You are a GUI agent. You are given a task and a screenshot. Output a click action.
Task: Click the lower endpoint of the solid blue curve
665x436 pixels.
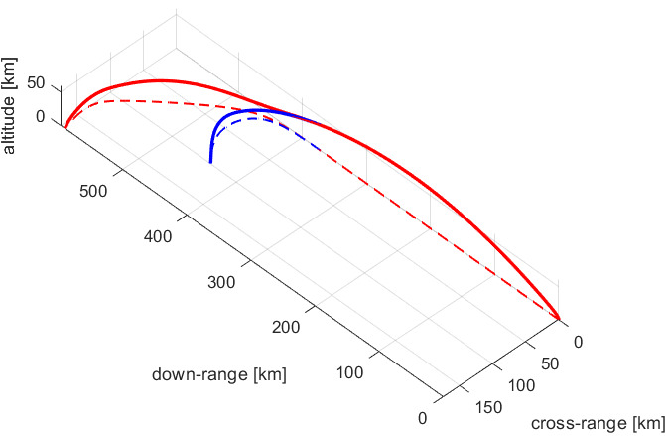[x=210, y=160]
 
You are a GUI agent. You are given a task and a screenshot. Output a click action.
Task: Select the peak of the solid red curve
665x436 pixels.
[x=159, y=80]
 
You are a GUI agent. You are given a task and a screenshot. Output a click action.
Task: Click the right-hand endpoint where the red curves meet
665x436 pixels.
[x=560, y=321]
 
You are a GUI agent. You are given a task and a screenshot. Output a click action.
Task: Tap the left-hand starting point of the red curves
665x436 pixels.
[x=65, y=128]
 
